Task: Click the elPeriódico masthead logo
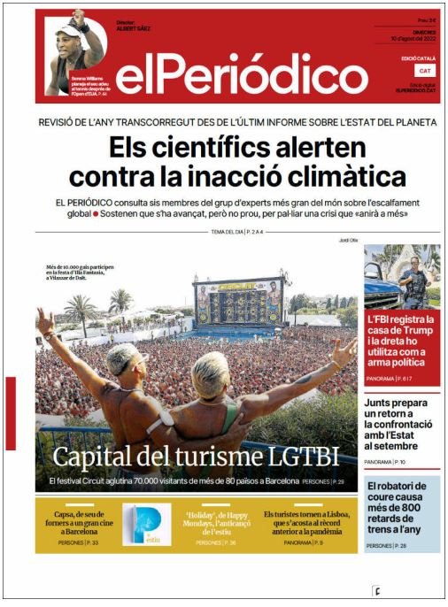pyautogui.click(x=228, y=78)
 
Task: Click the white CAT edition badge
pyautogui.click(x=426, y=70)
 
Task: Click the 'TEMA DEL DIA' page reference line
pyautogui.click(x=237, y=232)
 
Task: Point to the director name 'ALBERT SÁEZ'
pyautogui.click(x=133, y=28)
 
